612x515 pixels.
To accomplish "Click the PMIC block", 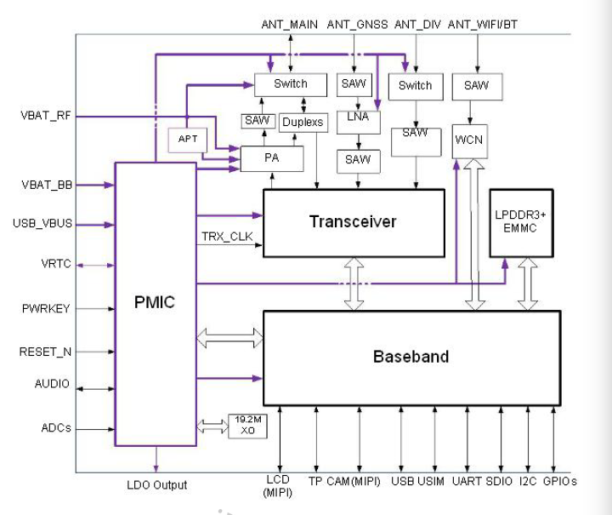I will [155, 303].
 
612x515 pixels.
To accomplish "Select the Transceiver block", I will [353, 222].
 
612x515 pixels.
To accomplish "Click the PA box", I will [270, 158].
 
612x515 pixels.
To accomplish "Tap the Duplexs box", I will [302, 122].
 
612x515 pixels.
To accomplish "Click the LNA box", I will [358, 117].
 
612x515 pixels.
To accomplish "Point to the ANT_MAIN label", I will [289, 25].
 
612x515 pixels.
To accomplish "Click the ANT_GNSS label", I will [358, 25].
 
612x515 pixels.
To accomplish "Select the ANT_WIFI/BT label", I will [483, 25].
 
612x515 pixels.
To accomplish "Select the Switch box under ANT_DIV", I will [415, 86].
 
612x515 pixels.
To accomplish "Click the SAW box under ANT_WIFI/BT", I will [476, 86].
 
